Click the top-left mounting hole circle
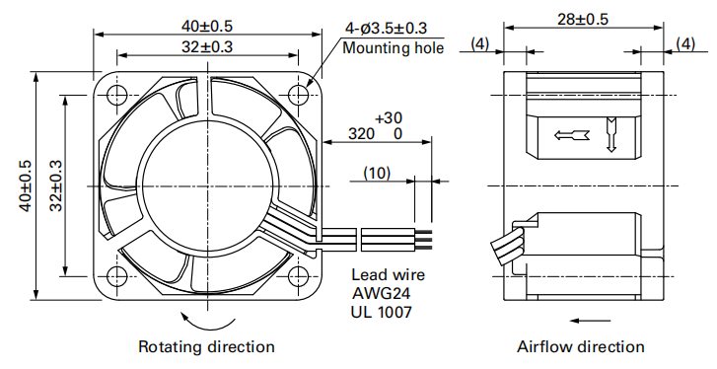117,95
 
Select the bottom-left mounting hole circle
117,276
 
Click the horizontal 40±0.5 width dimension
207,26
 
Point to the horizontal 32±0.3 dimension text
207,46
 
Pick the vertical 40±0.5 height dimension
26,185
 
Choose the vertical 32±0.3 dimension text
56,185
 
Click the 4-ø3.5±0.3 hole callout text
386,29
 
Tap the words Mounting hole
394,48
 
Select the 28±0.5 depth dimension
583,19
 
